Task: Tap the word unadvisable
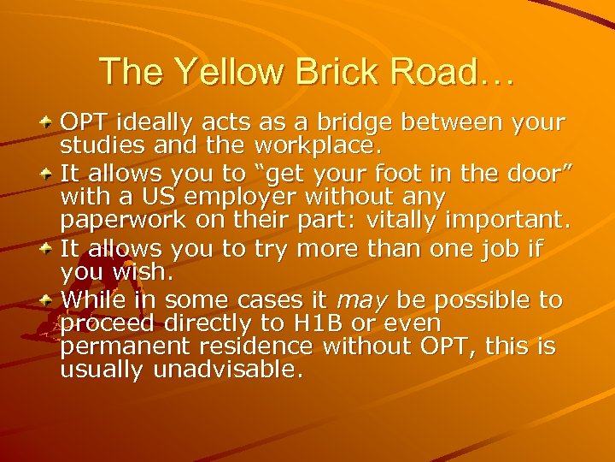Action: tap(227, 370)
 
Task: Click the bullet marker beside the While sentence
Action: tap(48, 300)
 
